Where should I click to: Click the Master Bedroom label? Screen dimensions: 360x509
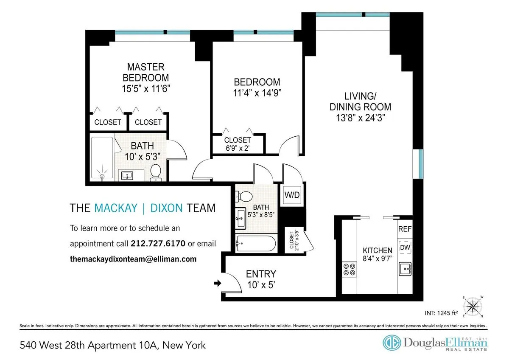pyautogui.click(x=145, y=73)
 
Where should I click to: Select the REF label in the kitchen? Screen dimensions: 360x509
pyautogui.click(x=405, y=229)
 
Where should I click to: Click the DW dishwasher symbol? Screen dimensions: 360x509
pyautogui.click(x=405, y=247)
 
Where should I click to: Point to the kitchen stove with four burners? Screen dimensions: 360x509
pyautogui.click(x=350, y=269)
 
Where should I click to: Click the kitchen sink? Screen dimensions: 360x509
pyautogui.click(x=405, y=268)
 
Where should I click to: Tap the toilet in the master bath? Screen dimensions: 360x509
pyautogui.click(x=156, y=172)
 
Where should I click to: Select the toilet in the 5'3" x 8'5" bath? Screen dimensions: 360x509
pyautogui.click(x=245, y=196)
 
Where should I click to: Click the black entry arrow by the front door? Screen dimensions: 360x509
pyautogui.click(x=218, y=283)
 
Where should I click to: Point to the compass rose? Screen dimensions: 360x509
pyautogui.click(x=475, y=305)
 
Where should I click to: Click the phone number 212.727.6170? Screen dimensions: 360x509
pyautogui.click(x=158, y=244)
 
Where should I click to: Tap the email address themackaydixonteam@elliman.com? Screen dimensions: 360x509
pyautogui.click(x=133, y=259)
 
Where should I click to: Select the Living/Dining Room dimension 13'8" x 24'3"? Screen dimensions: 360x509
pyautogui.click(x=360, y=118)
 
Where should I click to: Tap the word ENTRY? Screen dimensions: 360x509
pyautogui.click(x=261, y=274)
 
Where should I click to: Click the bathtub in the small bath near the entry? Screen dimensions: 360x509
pyautogui.click(x=256, y=244)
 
